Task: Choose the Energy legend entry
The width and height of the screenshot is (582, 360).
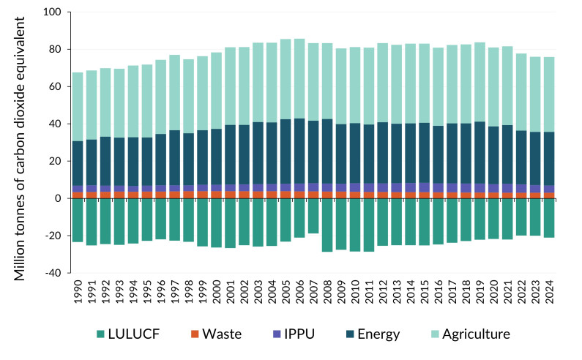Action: (373, 334)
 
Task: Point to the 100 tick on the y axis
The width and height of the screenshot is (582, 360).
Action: (51, 12)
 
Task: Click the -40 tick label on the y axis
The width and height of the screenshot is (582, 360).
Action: (51, 273)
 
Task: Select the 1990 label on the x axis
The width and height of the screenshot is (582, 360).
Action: (78, 291)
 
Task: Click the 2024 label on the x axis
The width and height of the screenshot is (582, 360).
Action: (548, 291)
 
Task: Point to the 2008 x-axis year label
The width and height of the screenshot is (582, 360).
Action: (327, 291)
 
